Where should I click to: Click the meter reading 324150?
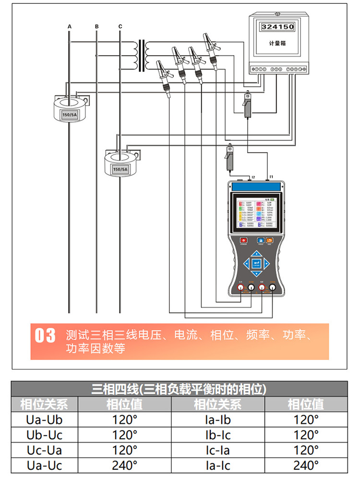tap(277, 27)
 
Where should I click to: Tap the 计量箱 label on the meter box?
tap(277, 43)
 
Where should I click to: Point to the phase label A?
tap(70, 25)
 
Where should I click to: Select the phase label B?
tap(97, 25)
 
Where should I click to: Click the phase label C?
tap(120, 25)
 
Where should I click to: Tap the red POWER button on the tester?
tap(243, 240)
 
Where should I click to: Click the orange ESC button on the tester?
tap(271, 240)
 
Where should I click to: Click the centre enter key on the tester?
tap(257, 263)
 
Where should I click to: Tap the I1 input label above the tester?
tap(271, 177)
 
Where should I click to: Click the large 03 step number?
tap(46, 336)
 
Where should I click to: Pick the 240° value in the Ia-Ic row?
tap(306, 465)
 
